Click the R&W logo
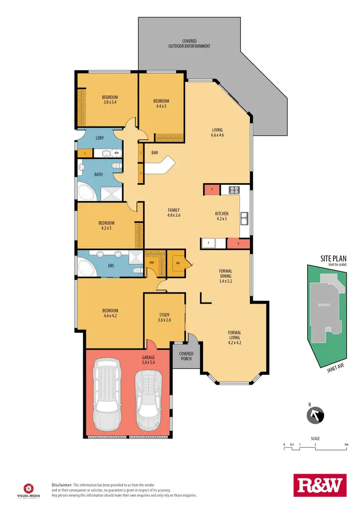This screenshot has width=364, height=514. tap(320, 485)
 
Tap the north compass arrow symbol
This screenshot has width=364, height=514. tap(315, 416)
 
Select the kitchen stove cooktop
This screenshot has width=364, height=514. tap(232, 190)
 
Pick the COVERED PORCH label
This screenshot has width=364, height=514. tap(185, 356)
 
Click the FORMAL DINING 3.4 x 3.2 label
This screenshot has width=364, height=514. tap(226, 275)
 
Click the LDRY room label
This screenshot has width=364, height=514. tap(99, 138)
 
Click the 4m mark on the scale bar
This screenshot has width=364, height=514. tap(347, 445)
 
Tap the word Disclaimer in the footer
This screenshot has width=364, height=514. tap(62, 484)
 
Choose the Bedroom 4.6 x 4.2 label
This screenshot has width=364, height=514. tap(110, 313)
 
